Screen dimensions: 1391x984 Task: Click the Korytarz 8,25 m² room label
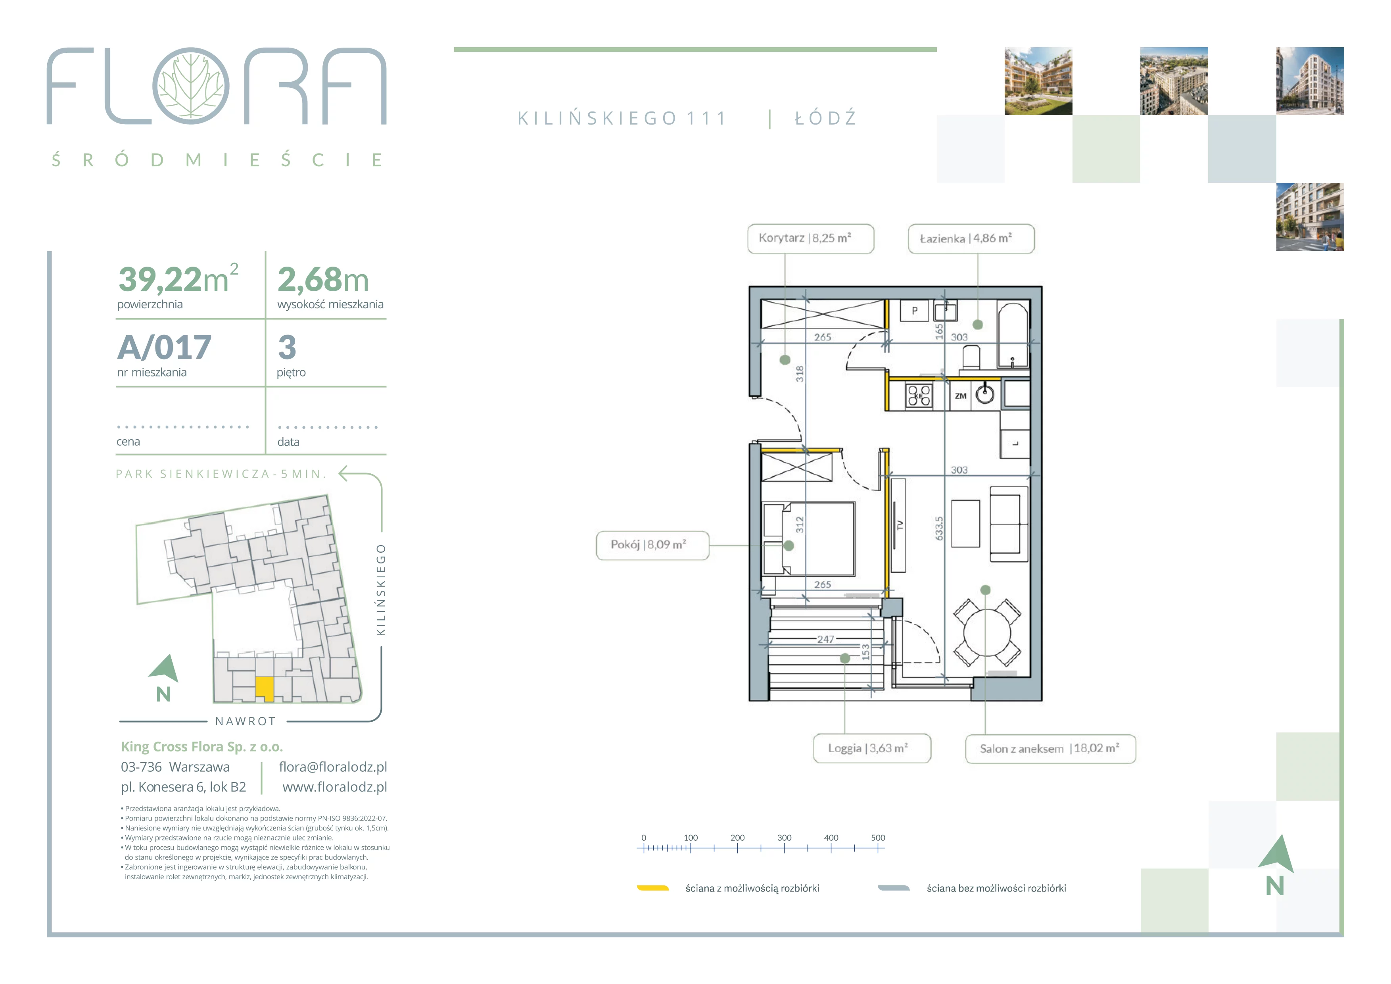pyautogui.click(x=810, y=238)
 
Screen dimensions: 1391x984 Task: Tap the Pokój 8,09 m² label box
pyautogui.click(x=652, y=545)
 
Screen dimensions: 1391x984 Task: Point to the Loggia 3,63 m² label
pyautogui.click(x=872, y=748)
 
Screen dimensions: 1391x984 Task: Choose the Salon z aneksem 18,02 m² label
pyautogui.click(x=1050, y=749)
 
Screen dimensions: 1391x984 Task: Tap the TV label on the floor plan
pyautogui.click(x=900, y=525)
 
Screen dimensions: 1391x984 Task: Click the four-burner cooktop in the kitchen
pyautogui.click(x=919, y=396)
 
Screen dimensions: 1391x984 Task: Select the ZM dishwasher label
pyautogui.click(x=960, y=396)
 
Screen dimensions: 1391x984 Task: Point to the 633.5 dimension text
pyautogui.click(x=938, y=529)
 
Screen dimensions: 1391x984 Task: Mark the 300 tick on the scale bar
pyautogui.click(x=784, y=848)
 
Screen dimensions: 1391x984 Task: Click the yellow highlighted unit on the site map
pyautogui.click(x=265, y=688)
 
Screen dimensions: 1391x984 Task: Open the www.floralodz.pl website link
pyautogui.click(x=334, y=787)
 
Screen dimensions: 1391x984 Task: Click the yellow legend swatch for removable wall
pyautogui.click(x=652, y=888)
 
